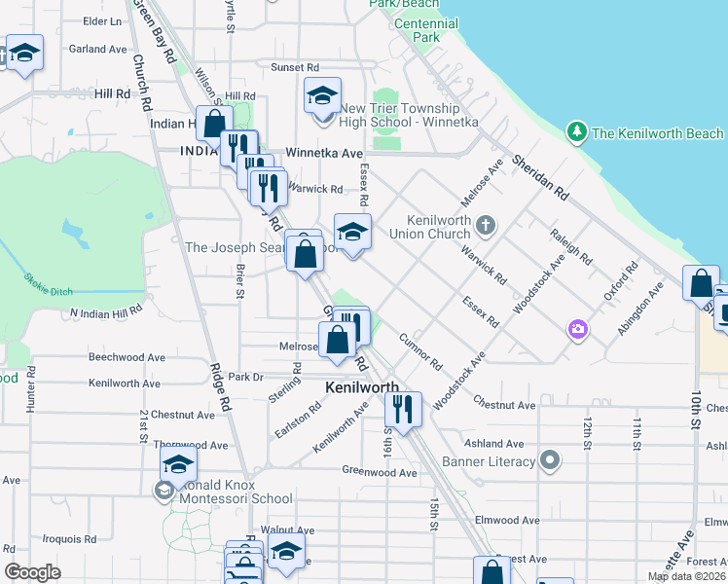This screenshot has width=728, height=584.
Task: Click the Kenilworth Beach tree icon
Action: pos(577,131)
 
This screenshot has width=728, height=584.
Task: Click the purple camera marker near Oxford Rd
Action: pos(578,330)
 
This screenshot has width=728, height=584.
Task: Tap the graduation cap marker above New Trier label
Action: pos(322,96)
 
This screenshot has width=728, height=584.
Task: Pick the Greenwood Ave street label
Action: pos(379,472)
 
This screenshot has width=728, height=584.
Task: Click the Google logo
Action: pos(33,571)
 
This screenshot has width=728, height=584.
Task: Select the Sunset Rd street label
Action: pos(295,67)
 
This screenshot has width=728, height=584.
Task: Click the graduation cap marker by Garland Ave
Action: pos(25,53)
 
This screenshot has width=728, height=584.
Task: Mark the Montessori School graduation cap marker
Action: pos(178,464)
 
